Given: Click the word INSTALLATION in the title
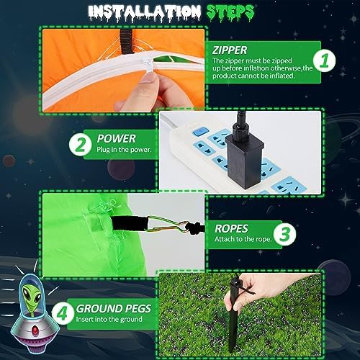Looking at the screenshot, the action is click(144, 12).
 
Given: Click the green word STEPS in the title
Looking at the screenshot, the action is click(230, 12).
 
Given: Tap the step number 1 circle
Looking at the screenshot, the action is click(325, 61).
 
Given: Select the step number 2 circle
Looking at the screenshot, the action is click(81, 145).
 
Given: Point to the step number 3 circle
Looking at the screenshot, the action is click(285, 234).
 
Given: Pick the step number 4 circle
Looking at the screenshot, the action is click(63, 313).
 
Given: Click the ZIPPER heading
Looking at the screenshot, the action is click(230, 50).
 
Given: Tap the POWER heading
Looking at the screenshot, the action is click(117, 139).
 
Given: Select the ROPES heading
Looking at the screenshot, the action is click(231, 229).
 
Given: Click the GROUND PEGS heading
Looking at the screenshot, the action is click(114, 309).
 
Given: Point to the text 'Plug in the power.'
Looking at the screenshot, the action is click(124, 150).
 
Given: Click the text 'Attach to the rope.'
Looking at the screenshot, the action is click(243, 239).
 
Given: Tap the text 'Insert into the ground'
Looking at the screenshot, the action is click(109, 319).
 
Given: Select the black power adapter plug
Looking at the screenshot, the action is click(243, 156).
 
